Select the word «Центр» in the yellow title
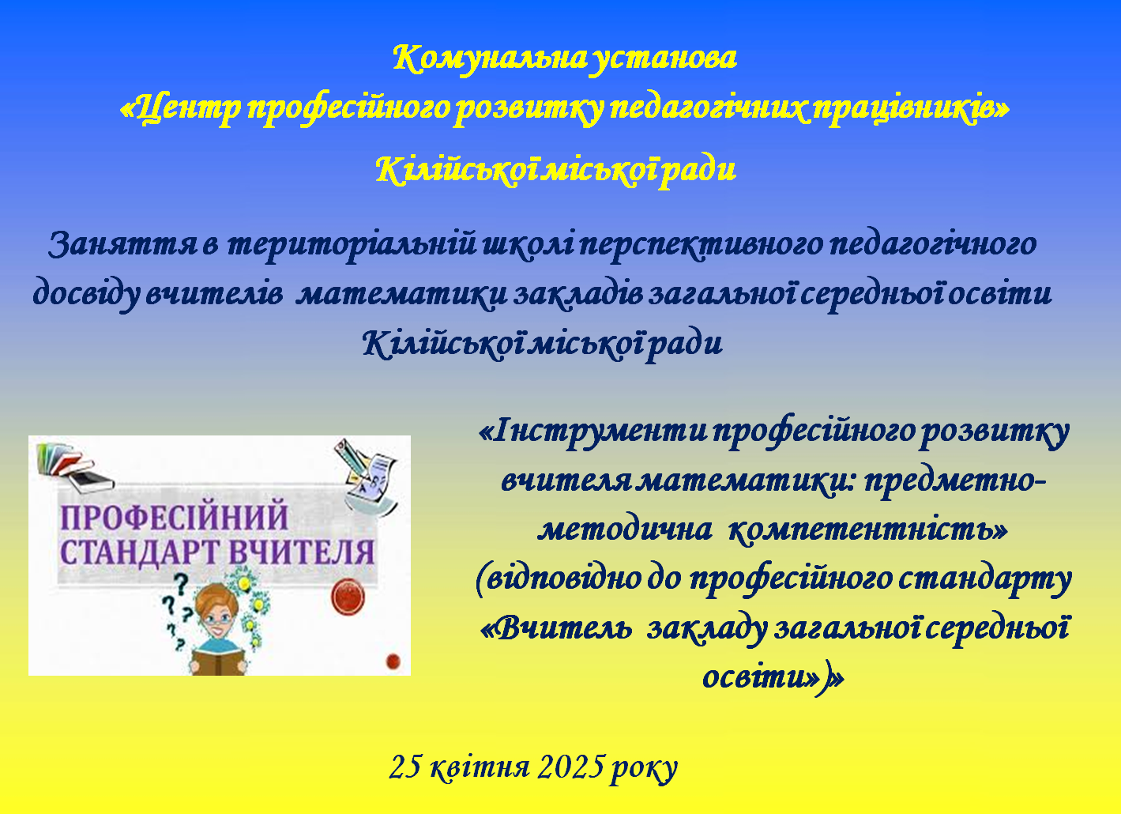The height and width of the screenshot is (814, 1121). click(181, 110)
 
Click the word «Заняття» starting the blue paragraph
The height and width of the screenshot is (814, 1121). click(123, 245)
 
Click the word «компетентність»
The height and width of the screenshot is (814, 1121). click(867, 530)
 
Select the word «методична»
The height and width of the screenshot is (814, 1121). click(625, 529)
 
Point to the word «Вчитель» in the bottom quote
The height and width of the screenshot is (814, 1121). click(555, 629)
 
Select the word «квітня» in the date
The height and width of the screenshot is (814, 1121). click(480, 767)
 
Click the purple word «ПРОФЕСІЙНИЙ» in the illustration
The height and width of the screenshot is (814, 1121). click(174, 518)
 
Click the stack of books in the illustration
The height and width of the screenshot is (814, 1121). click(74, 465)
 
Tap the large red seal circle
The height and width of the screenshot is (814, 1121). click(348, 596)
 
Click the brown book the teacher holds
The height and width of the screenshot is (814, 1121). click(218, 660)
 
